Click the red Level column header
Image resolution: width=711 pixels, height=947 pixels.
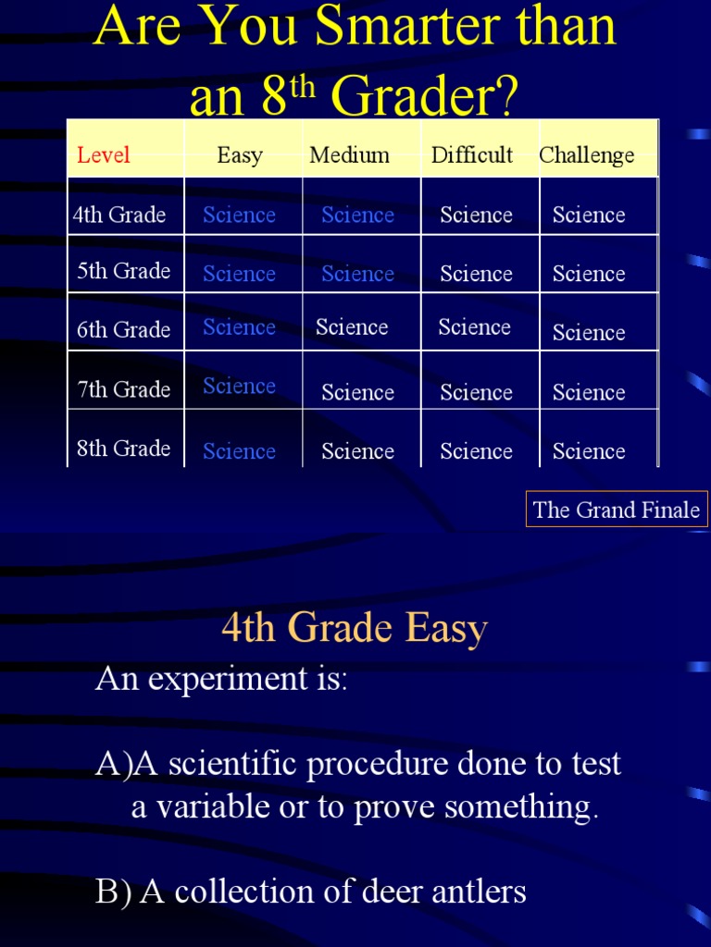click(x=104, y=155)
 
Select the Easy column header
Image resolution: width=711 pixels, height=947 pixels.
click(x=240, y=155)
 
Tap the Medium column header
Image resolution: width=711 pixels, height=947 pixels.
click(x=349, y=155)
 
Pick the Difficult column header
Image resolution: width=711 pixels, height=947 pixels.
click(x=471, y=155)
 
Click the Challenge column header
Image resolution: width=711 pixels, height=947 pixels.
click(x=587, y=155)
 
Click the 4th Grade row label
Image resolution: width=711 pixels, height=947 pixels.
click(x=119, y=215)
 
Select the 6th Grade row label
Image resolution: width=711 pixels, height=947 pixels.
click(x=123, y=330)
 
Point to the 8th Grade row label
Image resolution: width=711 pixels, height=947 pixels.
click(x=123, y=449)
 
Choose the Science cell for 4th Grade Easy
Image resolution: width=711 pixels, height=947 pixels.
click(x=239, y=215)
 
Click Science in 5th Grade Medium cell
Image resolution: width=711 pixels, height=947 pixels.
click(x=357, y=274)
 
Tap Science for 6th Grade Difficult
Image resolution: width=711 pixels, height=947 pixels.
click(x=474, y=327)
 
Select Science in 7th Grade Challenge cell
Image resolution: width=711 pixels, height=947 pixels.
click(x=589, y=392)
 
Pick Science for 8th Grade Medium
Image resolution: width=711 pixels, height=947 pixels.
click(x=357, y=451)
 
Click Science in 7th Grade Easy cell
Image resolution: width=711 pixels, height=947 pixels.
click(x=239, y=387)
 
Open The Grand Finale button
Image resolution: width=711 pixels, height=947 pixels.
click(x=617, y=510)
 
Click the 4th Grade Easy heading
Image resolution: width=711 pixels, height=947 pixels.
click(x=355, y=629)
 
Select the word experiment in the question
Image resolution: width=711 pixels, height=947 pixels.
click(x=221, y=680)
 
